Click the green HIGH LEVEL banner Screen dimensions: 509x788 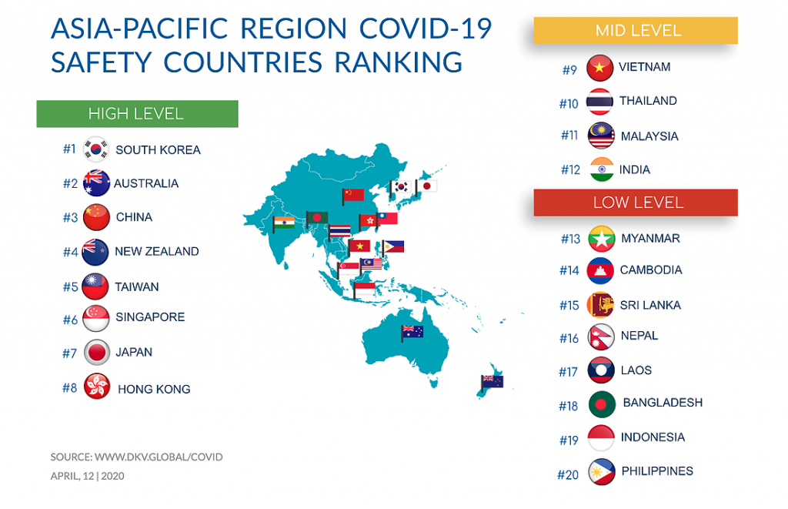click(137, 114)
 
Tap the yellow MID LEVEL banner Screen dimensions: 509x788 click(636, 31)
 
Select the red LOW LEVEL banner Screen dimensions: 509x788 click(636, 203)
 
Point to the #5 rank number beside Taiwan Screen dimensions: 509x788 click(70, 287)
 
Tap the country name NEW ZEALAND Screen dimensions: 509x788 click(156, 252)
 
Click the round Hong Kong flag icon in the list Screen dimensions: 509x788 click(97, 387)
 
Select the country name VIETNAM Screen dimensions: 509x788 click(644, 67)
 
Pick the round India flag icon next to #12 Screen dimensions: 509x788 click(600, 169)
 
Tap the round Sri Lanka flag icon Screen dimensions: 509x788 click(600, 305)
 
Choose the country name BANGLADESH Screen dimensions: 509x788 click(663, 403)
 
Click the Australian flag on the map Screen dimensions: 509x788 click(412, 333)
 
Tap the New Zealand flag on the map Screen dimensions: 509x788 click(492, 380)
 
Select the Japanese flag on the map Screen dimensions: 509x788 click(426, 186)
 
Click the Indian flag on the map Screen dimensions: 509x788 click(284, 223)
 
